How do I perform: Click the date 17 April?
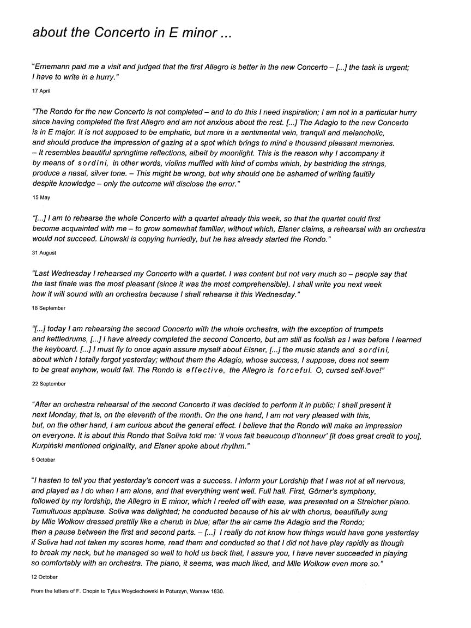tap(40, 91)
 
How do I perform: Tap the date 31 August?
tap(44, 253)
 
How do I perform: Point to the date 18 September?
tap(48, 308)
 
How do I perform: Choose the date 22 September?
tap(48, 384)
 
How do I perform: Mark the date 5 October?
tap(44, 460)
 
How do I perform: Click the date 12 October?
tap(44, 577)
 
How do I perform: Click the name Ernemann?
tap(54, 67)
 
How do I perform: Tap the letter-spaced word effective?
tap(204, 371)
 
